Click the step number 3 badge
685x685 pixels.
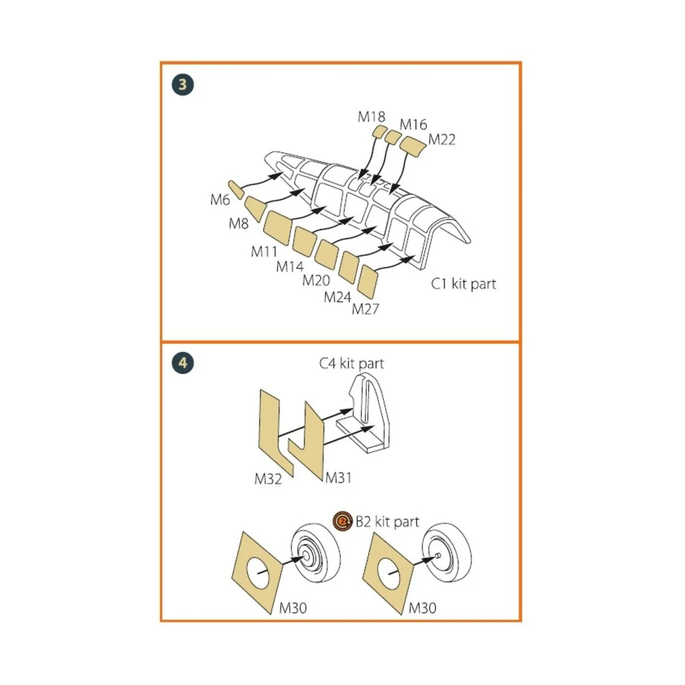tap(183, 84)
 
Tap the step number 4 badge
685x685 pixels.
tap(183, 363)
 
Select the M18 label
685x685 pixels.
tap(371, 116)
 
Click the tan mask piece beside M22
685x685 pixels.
tap(413, 146)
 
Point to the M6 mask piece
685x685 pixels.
tap(236, 190)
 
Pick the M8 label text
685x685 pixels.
tap(239, 224)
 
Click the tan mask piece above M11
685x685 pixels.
tap(277, 228)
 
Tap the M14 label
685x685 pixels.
tap(290, 266)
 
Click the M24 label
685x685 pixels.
tap(337, 297)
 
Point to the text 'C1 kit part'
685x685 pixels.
tap(463, 284)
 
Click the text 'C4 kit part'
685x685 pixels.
tap(352, 363)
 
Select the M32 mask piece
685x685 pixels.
tap(276, 433)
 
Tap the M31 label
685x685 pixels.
tap(339, 478)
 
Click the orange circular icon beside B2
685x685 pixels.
tap(342, 521)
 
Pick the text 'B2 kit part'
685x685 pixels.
tap(388, 522)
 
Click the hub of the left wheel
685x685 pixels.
tap(306, 557)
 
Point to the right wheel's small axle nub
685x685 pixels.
tap(438, 555)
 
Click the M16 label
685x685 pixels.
tap(413, 124)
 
